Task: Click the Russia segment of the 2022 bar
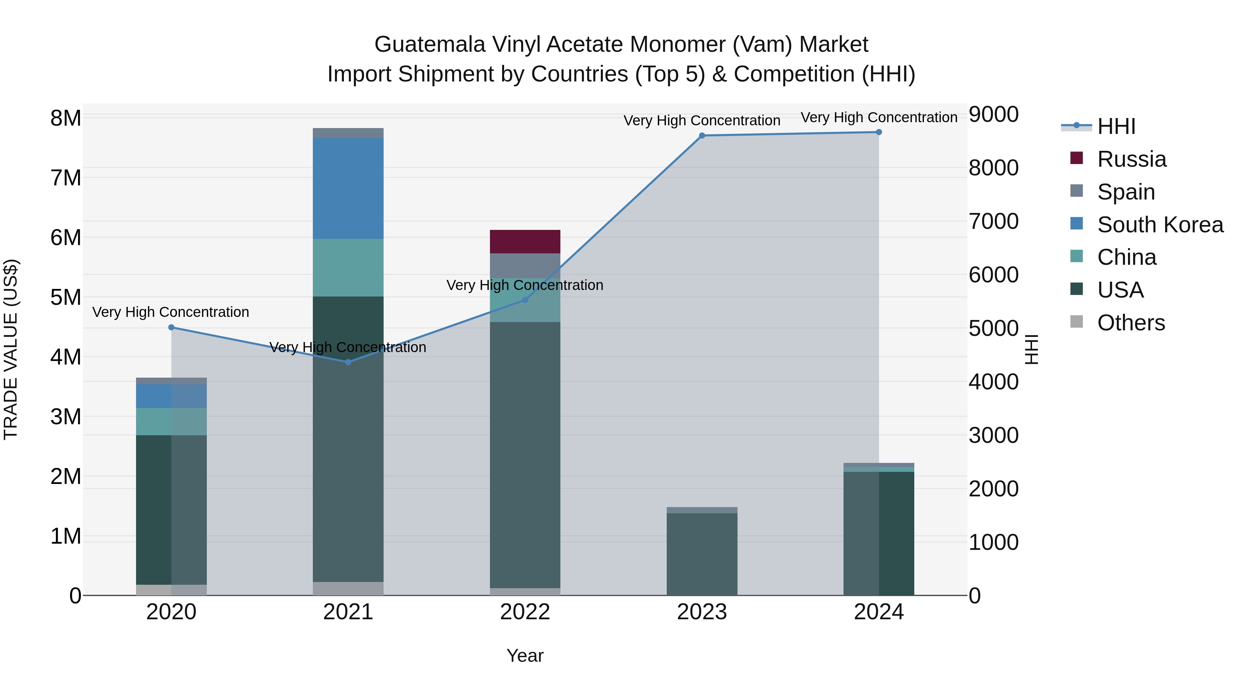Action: click(x=525, y=241)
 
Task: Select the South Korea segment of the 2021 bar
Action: click(x=348, y=188)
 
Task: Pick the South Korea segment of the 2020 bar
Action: click(x=171, y=396)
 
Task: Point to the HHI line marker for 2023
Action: click(x=702, y=136)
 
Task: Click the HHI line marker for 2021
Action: click(x=348, y=362)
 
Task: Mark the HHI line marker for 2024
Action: click(x=879, y=132)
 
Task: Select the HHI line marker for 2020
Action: click(x=171, y=328)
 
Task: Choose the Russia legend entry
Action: click(x=1131, y=159)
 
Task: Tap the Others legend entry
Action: click(x=1130, y=323)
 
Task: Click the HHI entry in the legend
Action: click(x=1116, y=126)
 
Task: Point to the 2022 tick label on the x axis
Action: click(x=525, y=612)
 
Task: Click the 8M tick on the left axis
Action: click(x=66, y=118)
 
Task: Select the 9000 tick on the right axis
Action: click(x=993, y=115)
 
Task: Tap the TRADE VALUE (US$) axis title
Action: click(x=11, y=349)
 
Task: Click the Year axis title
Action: click(x=525, y=656)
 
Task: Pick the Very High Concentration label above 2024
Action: click(x=879, y=118)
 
